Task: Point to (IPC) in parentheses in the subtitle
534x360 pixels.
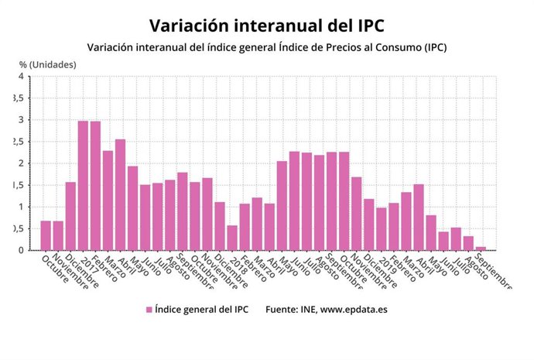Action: click(x=430, y=48)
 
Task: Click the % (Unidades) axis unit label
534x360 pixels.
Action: click(x=47, y=64)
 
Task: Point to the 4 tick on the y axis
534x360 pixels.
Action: click(x=21, y=77)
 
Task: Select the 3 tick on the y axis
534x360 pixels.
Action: click(x=21, y=120)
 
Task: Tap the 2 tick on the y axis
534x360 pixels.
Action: click(x=21, y=163)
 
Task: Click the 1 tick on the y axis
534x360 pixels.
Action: click(x=21, y=207)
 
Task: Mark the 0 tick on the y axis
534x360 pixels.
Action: click(x=21, y=250)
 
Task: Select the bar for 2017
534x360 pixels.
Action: click(x=83, y=186)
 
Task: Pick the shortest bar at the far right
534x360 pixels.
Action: click(x=481, y=248)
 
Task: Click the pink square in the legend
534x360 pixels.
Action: click(x=148, y=310)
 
